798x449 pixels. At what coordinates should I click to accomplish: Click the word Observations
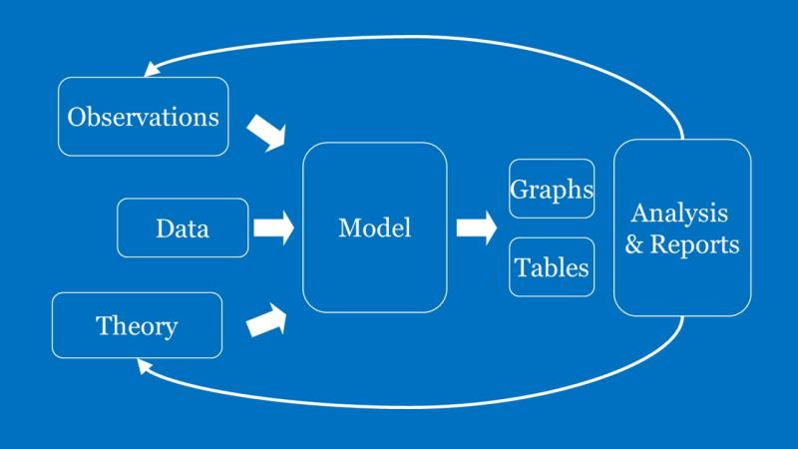click(143, 117)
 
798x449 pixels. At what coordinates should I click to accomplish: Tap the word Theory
click(137, 326)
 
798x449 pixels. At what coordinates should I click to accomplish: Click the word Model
click(374, 227)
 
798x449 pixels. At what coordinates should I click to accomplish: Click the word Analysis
click(680, 213)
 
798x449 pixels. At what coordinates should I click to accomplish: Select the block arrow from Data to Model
click(273, 227)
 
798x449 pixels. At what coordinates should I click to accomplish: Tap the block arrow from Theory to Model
click(266, 320)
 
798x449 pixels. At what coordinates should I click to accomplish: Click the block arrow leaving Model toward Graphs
click(476, 227)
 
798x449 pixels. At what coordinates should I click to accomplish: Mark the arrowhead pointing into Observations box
click(152, 69)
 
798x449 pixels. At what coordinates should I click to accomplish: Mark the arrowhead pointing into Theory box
click(145, 367)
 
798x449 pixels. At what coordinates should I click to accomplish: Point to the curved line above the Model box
click(399, 37)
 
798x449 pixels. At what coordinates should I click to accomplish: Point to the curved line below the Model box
click(399, 406)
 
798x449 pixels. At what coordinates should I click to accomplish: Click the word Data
click(183, 228)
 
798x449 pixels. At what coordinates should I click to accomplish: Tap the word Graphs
click(552, 189)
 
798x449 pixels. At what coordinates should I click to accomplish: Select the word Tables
click(552, 267)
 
